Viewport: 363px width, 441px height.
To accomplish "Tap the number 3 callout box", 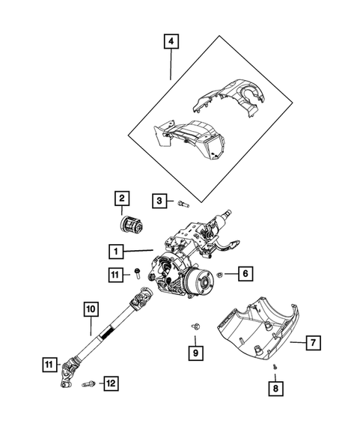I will point(159,200).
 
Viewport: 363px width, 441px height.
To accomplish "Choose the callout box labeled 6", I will point(245,275).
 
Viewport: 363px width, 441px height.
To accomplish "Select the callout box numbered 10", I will point(90,308).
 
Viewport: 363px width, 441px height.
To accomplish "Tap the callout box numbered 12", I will point(110,384).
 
